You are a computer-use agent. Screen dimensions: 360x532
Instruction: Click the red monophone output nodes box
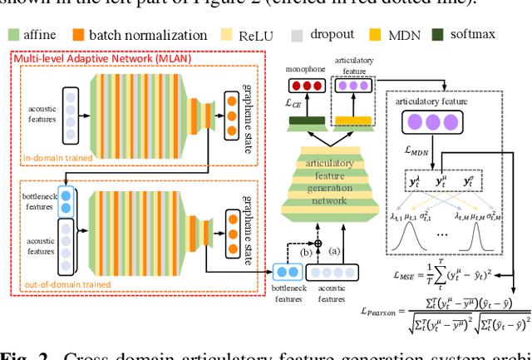click(303, 86)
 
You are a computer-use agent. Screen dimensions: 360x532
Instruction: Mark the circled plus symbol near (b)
click(317, 242)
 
